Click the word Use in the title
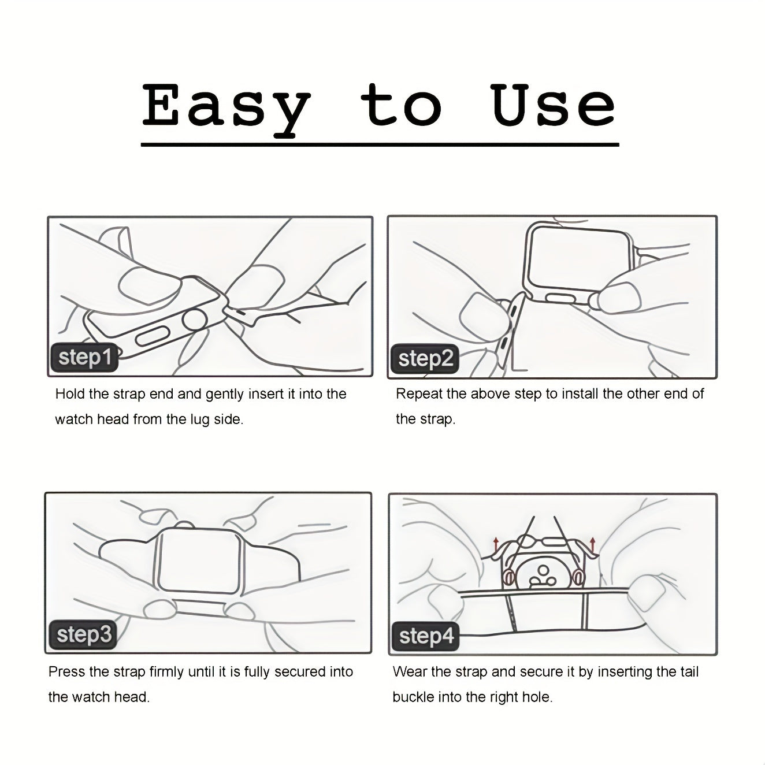[x=552, y=105]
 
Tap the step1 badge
[x=84, y=357]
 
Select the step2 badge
[x=425, y=359]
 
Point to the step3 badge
[x=83, y=634]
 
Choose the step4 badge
[x=426, y=636]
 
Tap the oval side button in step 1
[x=153, y=338]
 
